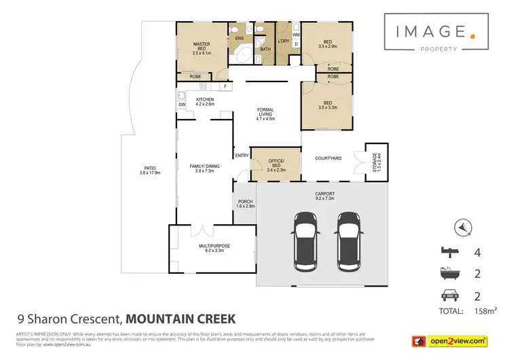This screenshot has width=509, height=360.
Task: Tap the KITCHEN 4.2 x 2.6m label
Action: [x=205, y=102]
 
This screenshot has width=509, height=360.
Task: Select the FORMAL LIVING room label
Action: [x=265, y=113]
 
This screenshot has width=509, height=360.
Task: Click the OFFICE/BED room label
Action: [x=276, y=164]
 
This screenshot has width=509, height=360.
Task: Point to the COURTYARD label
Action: [x=328, y=158]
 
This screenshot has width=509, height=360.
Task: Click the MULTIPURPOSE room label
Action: [x=211, y=248]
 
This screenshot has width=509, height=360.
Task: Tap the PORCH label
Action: [x=244, y=203]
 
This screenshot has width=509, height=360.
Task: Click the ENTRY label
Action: [x=242, y=156]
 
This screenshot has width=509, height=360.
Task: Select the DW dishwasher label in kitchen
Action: [x=182, y=105]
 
